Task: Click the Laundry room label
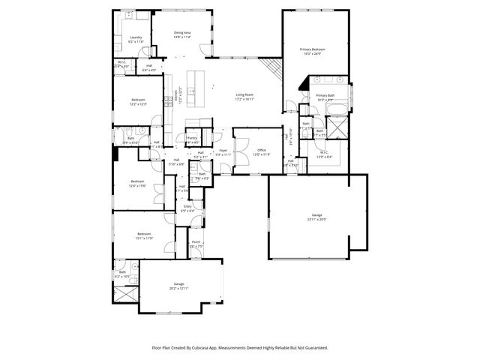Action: [136, 37]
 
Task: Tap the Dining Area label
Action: [182, 32]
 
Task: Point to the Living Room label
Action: [244, 94]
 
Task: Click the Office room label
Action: [262, 150]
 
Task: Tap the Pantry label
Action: [192, 137]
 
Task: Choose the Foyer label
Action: [223, 151]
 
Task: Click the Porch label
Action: [196, 241]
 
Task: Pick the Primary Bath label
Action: [325, 95]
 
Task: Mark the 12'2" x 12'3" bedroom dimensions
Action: [138, 103]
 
